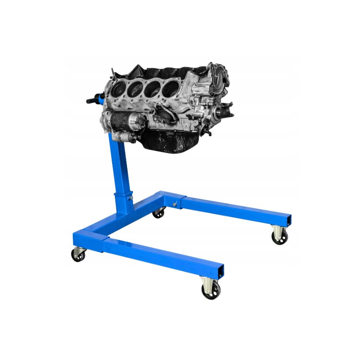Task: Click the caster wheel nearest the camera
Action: pyautogui.click(x=211, y=289)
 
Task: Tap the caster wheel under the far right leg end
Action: pyautogui.click(x=279, y=237)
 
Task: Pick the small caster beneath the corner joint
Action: pyautogui.click(x=159, y=213)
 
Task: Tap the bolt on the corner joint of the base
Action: pyautogui.click(x=174, y=204)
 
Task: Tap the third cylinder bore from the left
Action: pyautogui.click(x=152, y=88)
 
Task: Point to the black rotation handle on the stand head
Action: pyautogui.click(x=93, y=101)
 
